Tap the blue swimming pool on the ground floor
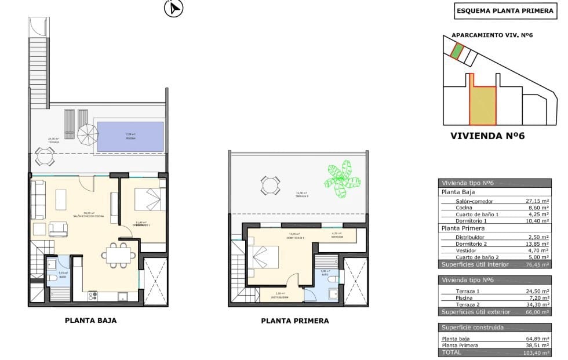coord(130,137)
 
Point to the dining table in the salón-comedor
coord(119,254)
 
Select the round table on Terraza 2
coord(270,186)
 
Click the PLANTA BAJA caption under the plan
coord(90,320)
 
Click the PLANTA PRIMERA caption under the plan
coord(294,321)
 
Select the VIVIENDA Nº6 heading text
coord(487,136)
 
